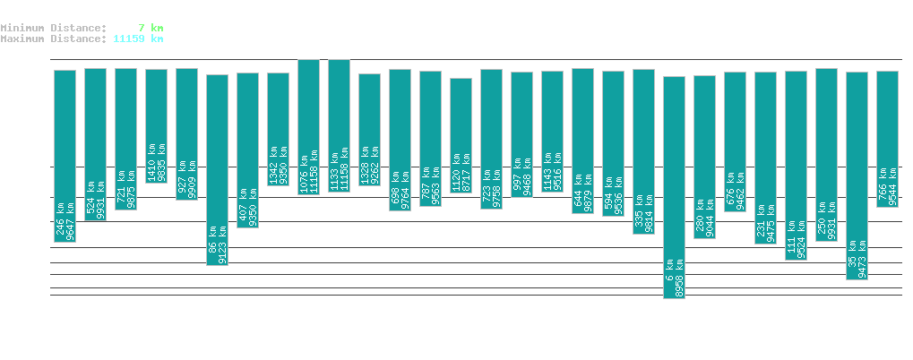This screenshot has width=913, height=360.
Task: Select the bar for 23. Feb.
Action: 217,169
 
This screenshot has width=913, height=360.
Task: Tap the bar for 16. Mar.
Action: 857,176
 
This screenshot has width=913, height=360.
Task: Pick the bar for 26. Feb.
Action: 308,126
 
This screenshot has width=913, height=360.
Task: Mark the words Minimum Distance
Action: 53,28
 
